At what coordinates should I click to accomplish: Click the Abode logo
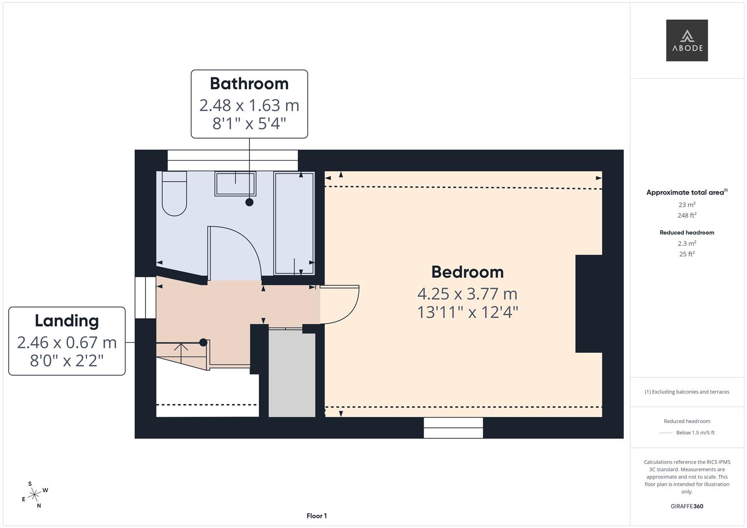click(686, 41)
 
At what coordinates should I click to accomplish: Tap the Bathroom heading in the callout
click(249, 84)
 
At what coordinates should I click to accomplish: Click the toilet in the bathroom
click(174, 194)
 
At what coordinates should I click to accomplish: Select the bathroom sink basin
click(235, 184)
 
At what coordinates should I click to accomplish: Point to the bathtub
click(294, 223)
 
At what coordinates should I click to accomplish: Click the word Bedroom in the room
click(467, 272)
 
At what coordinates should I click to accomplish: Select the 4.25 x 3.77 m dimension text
click(467, 294)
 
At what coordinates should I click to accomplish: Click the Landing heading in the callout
click(67, 321)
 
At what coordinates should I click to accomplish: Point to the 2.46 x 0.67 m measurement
click(67, 343)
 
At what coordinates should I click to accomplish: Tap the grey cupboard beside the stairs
click(292, 374)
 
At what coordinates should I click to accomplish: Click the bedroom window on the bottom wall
click(453, 428)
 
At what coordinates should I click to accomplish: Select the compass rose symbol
click(34, 495)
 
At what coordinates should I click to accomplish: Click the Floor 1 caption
click(317, 516)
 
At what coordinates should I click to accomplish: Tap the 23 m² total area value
click(687, 205)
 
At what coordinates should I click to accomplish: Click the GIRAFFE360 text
click(687, 506)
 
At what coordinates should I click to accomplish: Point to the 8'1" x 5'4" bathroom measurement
click(249, 124)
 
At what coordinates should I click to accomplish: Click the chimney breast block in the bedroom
click(589, 304)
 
